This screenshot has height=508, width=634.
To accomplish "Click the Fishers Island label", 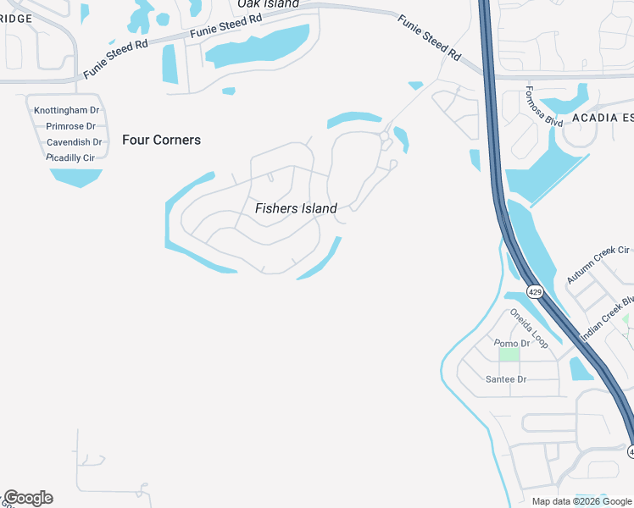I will coord(296,208).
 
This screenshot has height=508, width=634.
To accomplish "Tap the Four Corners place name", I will coord(161,140).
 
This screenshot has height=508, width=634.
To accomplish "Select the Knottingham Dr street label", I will coord(67,111).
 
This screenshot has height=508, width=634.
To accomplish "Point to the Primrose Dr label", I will coord(70,126).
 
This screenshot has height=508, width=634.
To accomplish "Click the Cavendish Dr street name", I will coord(74,142).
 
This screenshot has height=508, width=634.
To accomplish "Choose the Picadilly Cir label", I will coord(70,157).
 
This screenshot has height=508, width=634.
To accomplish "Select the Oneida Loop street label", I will coord(529,329).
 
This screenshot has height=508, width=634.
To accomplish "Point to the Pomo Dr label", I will coord(513,343).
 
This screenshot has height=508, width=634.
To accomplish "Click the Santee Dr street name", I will coord(506,379).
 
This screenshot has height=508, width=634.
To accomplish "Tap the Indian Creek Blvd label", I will coord(608,318).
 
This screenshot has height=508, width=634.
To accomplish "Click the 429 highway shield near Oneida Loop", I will coord(534,292).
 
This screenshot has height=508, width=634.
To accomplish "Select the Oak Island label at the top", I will coord(268,4).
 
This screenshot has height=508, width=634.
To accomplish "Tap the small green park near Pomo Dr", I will coord(509,354).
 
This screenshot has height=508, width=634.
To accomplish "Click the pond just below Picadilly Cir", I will coord(76,176).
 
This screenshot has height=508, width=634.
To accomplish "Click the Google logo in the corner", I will coord(28,498).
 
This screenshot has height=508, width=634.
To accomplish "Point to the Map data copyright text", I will coord(581,501).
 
